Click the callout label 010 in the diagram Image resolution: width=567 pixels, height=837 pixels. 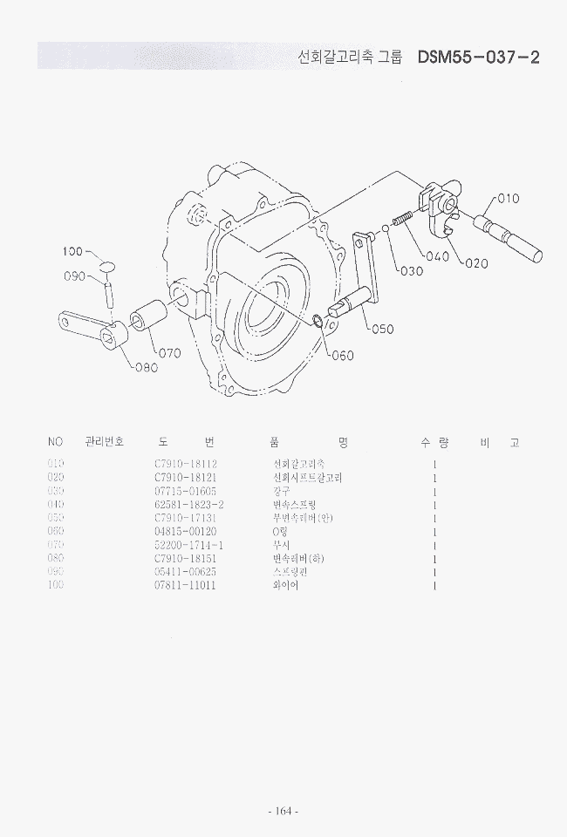[508, 198]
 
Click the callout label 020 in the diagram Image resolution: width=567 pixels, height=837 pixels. [476, 263]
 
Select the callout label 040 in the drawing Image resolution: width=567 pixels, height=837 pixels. [438, 256]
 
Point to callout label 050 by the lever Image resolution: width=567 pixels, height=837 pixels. [382, 329]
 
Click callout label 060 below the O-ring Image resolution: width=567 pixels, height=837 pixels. [342, 355]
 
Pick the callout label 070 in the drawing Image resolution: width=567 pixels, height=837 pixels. [168, 353]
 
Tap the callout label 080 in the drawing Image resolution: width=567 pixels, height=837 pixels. [146, 367]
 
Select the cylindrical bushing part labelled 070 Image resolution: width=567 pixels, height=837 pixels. [149, 315]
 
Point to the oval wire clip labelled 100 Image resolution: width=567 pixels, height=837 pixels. [106, 265]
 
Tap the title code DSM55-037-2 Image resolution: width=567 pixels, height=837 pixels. [478, 58]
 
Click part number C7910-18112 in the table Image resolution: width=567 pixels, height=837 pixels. [185, 464]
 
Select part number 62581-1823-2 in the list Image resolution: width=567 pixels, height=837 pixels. [189, 505]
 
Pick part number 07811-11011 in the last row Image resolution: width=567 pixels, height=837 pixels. [185, 585]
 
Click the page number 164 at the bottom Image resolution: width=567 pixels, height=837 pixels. [283, 811]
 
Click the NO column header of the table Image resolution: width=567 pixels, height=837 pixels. [56, 442]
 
